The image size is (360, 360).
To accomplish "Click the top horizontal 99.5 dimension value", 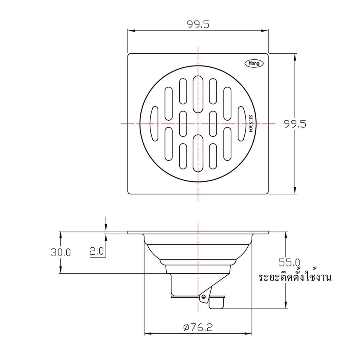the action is pos(198,24).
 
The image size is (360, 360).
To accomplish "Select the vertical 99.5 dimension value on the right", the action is pos(295,124).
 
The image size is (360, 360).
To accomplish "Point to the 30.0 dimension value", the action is pos(60,253).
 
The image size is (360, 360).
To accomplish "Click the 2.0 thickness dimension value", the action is pos(96,252).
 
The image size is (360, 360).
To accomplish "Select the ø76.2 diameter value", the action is pos(198,327).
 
